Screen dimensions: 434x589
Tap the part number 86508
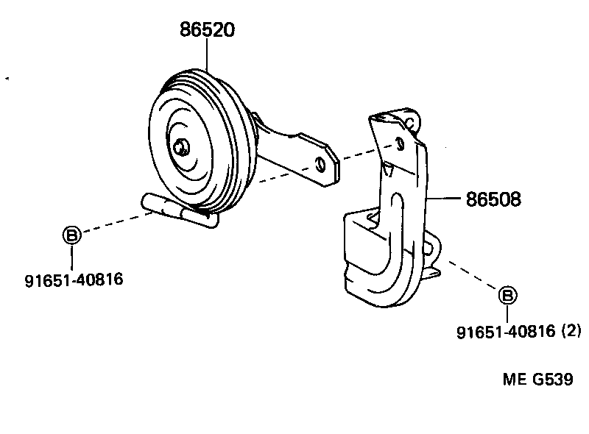point(493,199)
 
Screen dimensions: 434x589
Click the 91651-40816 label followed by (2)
point(505,332)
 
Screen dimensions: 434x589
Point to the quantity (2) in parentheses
point(571,332)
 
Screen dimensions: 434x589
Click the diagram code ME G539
point(537,380)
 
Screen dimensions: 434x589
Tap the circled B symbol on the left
point(71,235)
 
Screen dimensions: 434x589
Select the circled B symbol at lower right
point(507,296)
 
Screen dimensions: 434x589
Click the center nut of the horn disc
point(180,146)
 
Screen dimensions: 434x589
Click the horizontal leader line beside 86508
point(445,199)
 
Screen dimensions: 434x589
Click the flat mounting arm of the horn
point(294,151)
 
